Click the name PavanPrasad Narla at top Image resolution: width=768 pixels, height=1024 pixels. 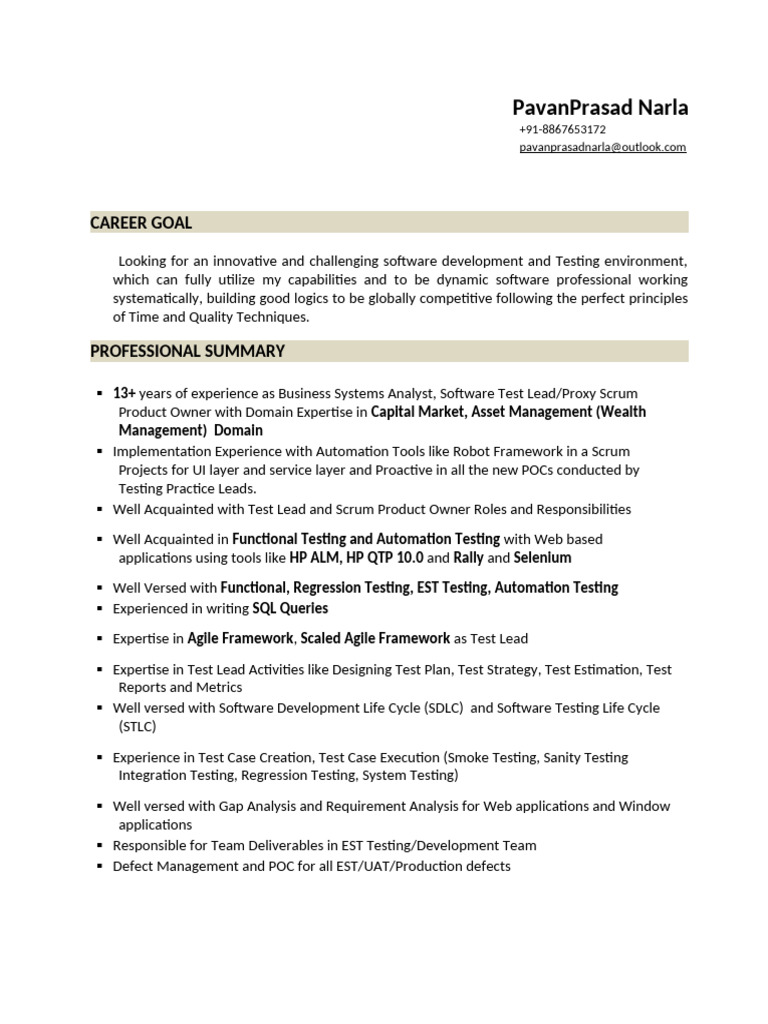pyautogui.click(x=600, y=107)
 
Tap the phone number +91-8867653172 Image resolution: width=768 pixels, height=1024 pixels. pyautogui.click(x=562, y=130)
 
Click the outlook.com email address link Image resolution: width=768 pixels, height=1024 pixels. pyautogui.click(x=602, y=147)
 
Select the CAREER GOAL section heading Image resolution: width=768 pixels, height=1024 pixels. pyautogui.click(x=141, y=223)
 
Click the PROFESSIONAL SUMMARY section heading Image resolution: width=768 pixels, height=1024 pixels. pyautogui.click(x=187, y=351)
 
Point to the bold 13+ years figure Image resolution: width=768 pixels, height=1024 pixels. pyautogui.click(x=124, y=393)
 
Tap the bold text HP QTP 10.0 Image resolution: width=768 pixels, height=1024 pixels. pyautogui.click(x=386, y=558)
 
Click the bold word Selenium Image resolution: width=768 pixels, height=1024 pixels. pyautogui.click(x=543, y=558)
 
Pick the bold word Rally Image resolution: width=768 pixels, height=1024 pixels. pyautogui.click(x=468, y=558)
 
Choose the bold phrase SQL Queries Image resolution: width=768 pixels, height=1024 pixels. pyautogui.click(x=290, y=608)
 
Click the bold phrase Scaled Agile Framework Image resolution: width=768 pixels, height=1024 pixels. pyautogui.click(x=375, y=638)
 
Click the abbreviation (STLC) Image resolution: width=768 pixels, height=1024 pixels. pyautogui.click(x=134, y=727)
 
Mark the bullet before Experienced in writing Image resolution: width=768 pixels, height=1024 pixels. pyautogui.click(x=99, y=608)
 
